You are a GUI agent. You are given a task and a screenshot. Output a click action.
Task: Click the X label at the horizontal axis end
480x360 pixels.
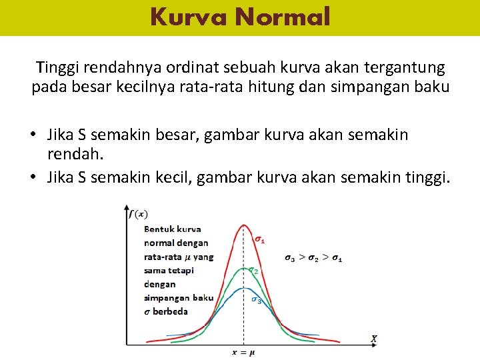click(374, 339)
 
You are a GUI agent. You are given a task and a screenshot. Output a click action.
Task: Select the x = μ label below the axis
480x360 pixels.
click(243, 351)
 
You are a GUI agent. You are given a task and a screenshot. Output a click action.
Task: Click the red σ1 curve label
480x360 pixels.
click(261, 239)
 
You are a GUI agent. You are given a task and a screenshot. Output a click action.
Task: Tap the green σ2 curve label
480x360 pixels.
click(253, 271)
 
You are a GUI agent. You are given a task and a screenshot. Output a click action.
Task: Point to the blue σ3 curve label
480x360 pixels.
click(256, 300)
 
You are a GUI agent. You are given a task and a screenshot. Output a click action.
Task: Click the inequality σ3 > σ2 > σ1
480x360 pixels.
click(313, 258)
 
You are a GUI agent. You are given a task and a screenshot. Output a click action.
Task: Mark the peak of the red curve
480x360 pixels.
click(243, 225)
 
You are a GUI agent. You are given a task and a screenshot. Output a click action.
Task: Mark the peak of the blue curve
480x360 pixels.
click(243, 289)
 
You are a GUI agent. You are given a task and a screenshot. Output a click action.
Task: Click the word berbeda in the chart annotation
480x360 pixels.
click(170, 311)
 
